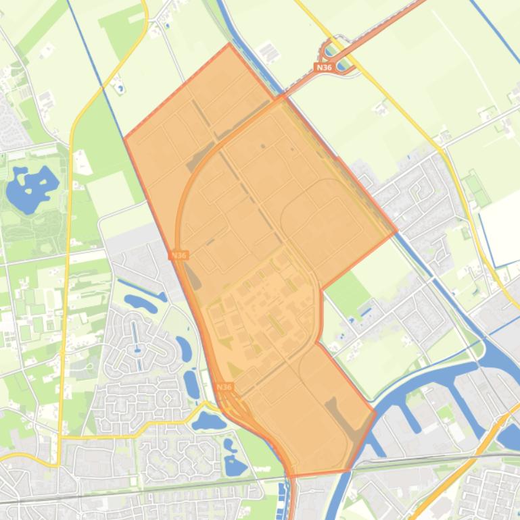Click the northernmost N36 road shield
324,68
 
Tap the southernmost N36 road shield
224,387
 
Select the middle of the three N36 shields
179,255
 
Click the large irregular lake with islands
31,186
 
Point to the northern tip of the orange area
229,44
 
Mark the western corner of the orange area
124,138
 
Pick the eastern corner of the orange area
397,231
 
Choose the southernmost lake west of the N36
235,465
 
